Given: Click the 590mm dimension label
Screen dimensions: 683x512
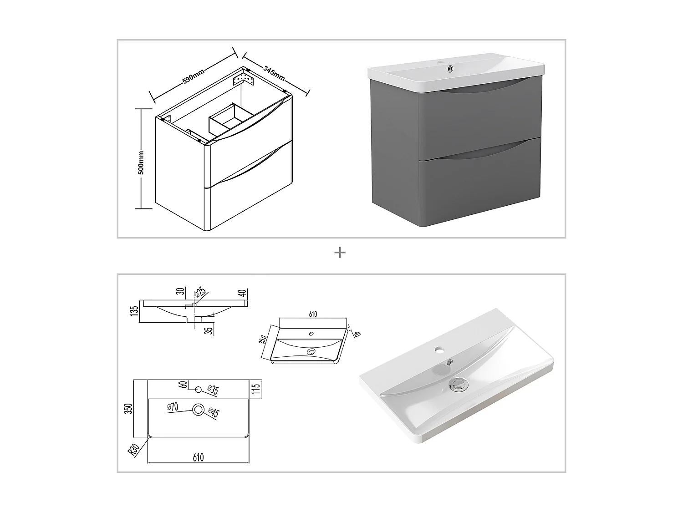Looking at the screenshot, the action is click(x=193, y=76).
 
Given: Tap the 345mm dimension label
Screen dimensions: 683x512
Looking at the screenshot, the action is click(x=274, y=73).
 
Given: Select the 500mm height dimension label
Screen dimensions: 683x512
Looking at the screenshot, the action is click(x=141, y=162).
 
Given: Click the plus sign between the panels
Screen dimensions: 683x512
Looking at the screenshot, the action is click(x=340, y=253).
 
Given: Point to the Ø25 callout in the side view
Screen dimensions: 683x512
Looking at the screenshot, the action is click(x=200, y=293).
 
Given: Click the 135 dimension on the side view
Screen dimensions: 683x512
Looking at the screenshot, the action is click(x=134, y=311).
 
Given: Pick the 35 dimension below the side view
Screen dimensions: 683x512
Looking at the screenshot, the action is click(x=210, y=330).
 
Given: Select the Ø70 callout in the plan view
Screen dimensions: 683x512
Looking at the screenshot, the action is click(x=173, y=406).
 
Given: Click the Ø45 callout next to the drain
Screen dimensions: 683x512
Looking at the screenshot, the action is click(x=214, y=412).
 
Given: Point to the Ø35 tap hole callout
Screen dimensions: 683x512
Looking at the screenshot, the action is click(x=213, y=390).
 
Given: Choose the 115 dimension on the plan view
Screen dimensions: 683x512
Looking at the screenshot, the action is click(x=255, y=389).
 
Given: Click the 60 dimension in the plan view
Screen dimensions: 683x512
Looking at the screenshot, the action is click(x=183, y=385).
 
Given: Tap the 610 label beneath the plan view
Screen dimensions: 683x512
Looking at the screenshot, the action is click(x=198, y=457).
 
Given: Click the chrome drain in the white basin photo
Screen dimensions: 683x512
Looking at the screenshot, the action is click(x=459, y=385).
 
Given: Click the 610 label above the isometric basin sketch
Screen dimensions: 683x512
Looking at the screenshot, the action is click(x=313, y=314).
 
